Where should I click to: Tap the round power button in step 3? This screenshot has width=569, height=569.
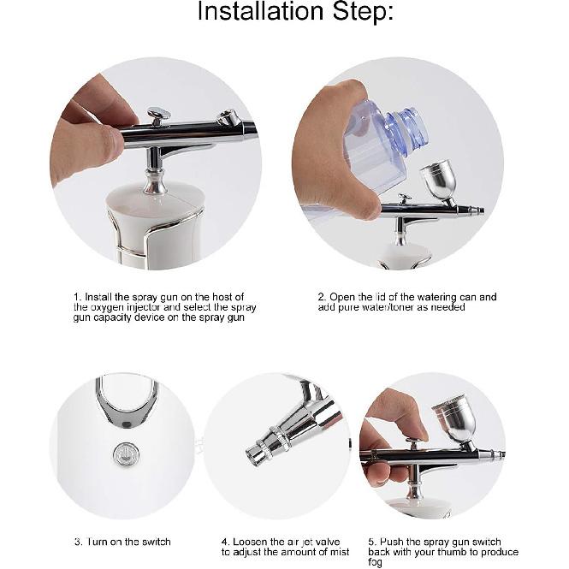coord(125,453)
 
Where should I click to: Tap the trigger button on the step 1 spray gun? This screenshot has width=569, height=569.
coord(158,113)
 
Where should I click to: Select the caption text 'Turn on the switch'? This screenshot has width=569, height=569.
coord(127,542)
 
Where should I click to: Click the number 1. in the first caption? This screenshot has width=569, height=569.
coord(77,297)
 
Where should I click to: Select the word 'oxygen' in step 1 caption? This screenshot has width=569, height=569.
coord(108,307)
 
